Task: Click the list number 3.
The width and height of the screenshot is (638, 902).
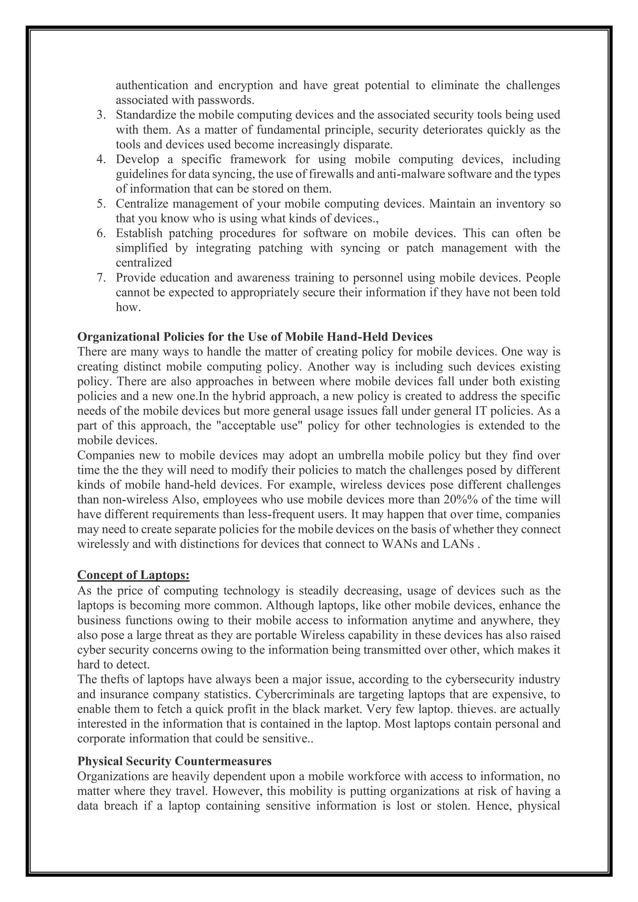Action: coord(101,116)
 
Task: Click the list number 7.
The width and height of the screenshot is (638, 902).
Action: coord(101,278)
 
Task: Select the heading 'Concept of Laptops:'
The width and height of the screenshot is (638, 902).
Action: coord(134,575)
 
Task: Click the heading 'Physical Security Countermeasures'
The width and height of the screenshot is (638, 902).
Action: coord(174,761)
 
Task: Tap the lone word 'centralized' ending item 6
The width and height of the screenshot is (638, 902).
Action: coord(144,263)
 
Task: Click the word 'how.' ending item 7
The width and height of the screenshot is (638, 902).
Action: coord(128,308)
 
